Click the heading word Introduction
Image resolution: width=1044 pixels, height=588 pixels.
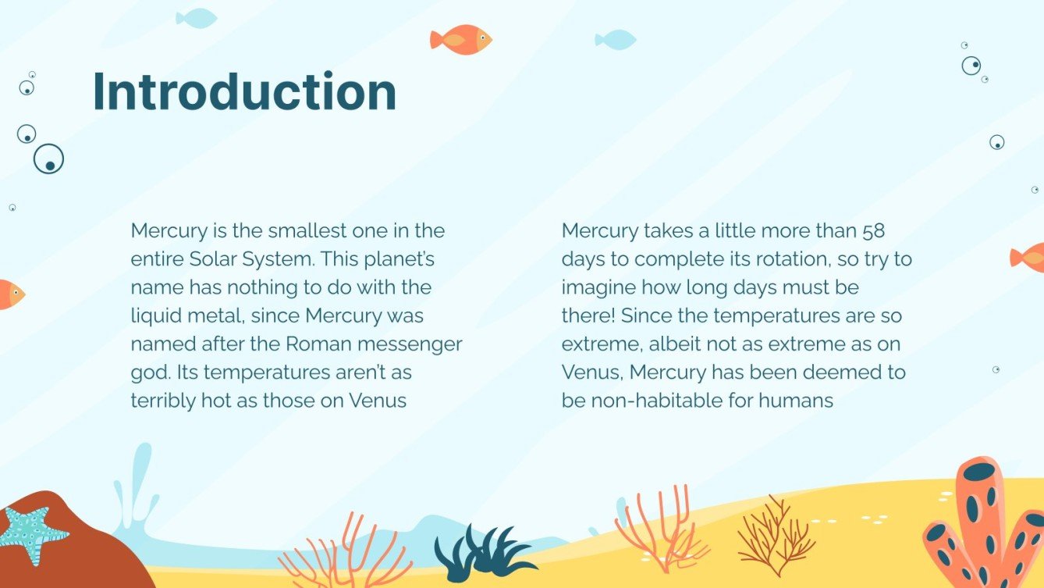244,92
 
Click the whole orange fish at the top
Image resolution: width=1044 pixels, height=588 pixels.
460,39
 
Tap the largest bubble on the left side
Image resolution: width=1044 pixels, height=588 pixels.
48,159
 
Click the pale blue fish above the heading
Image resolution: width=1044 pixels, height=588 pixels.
196,18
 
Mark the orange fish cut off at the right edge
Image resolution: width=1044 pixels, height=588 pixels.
1029,257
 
